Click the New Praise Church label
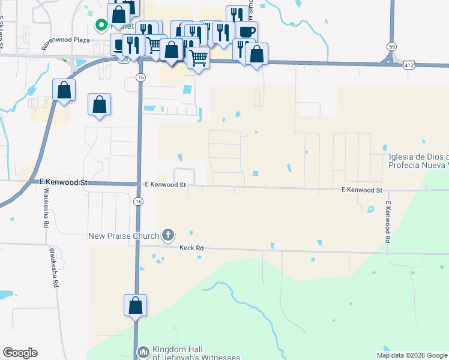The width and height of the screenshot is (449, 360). [124, 236]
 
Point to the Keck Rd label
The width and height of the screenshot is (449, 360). [192, 247]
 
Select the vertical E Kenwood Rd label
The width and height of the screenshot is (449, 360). [388, 222]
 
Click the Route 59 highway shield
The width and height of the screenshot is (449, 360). [391, 46]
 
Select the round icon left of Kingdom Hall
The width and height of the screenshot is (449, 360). [143, 352]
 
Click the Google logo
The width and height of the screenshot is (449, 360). [20, 353]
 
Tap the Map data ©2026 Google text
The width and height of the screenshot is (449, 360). [411, 355]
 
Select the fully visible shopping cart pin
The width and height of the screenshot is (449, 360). [198, 59]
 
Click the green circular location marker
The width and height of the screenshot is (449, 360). [101, 25]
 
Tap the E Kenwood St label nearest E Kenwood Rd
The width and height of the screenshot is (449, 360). [361, 190]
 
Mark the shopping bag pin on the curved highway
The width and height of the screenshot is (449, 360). [64, 91]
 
